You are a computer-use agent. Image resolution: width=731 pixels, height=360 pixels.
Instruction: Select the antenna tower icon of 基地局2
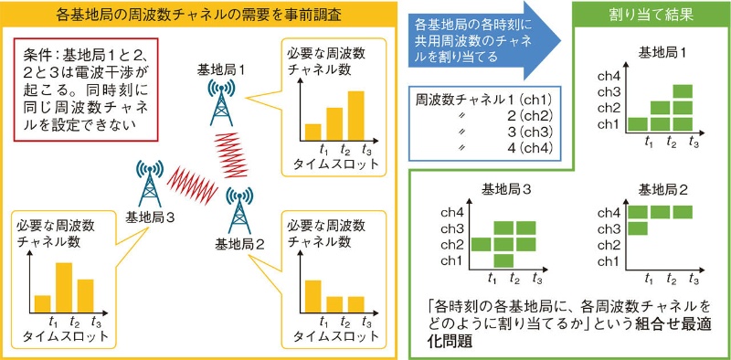tap(239, 209)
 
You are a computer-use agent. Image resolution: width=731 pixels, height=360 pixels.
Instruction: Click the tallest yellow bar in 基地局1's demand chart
tap(355, 111)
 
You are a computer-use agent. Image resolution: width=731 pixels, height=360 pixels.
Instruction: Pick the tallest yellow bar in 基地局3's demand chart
tap(64, 287)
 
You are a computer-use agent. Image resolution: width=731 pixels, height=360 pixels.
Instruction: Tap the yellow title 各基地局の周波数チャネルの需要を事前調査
tap(200, 16)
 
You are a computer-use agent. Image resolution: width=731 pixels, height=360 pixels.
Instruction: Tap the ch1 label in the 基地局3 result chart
tap(450, 260)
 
